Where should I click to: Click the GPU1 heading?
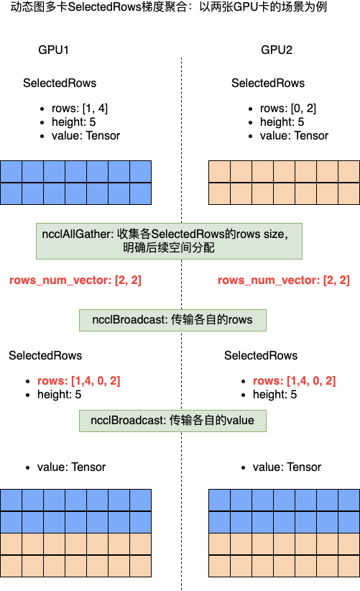tap(53, 50)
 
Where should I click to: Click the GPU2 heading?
tap(277, 50)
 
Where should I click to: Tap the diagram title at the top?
tap(169, 6)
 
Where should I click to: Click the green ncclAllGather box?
tap(169, 242)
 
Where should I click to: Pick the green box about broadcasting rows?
tap(172, 320)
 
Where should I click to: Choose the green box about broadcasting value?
tap(172, 421)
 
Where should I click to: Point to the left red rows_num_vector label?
tap(75, 280)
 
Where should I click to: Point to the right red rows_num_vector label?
tap(284, 280)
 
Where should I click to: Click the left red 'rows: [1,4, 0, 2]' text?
tap(79, 380)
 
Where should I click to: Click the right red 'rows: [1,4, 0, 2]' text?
tap(294, 380)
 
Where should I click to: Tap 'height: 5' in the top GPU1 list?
tap(73, 122)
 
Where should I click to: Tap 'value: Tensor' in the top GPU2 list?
tap(294, 136)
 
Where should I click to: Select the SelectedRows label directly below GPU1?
tap(60, 83)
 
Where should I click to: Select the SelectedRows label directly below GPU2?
tap(268, 83)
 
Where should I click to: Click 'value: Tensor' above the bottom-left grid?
tap(71, 467)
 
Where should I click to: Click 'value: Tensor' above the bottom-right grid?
tap(287, 467)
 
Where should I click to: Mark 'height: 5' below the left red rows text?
tap(59, 395)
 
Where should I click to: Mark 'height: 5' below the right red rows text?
tap(274, 395)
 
